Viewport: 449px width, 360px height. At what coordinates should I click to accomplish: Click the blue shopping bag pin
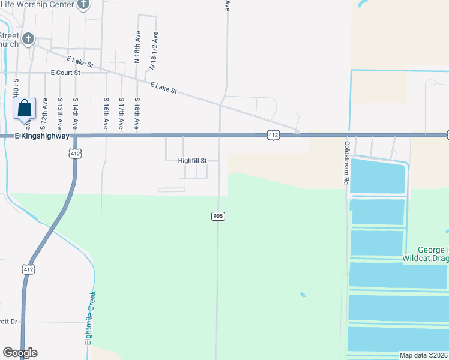pyautogui.click(x=24, y=109)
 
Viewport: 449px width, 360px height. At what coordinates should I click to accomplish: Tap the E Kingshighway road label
pyautogui.click(x=35, y=136)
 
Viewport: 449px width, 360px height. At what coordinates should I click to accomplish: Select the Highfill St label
pyautogui.click(x=192, y=161)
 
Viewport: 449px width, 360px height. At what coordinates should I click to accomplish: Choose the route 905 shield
pyautogui.click(x=218, y=215)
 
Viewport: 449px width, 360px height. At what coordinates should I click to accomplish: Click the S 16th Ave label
pyautogui.click(x=106, y=114)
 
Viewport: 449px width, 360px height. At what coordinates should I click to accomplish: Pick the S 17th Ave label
pyautogui.click(x=121, y=114)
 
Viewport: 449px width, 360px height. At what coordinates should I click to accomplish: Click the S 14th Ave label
pyautogui.click(x=75, y=114)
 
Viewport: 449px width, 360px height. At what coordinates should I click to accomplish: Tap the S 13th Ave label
pyautogui.click(x=59, y=114)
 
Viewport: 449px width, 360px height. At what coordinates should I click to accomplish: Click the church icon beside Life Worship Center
pyautogui.click(x=84, y=5)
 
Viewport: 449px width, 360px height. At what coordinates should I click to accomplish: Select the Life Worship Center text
pyautogui.click(x=37, y=4)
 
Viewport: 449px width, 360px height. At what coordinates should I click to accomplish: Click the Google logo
pyautogui.click(x=20, y=353)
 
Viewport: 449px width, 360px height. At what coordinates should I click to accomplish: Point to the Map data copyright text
pyautogui.click(x=424, y=355)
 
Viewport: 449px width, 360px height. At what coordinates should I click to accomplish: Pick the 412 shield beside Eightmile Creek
pyautogui.click(x=28, y=269)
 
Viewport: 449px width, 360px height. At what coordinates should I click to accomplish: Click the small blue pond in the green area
pyautogui.click(x=301, y=295)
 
